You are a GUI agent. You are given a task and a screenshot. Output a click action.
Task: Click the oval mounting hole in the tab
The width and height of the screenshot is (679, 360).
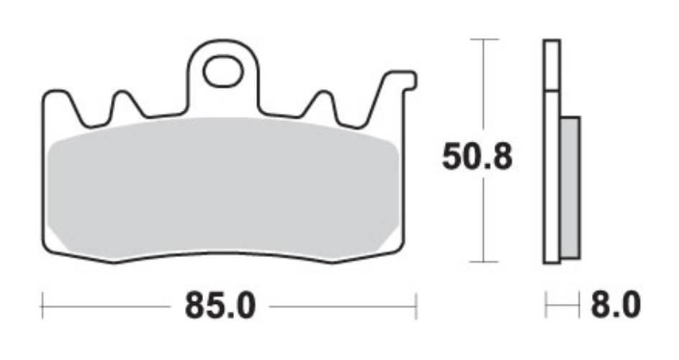[222, 72]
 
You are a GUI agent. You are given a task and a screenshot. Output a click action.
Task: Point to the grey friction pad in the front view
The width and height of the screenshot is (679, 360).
[223, 187]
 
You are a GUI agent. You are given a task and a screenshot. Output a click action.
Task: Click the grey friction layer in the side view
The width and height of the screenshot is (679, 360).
[570, 187]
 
